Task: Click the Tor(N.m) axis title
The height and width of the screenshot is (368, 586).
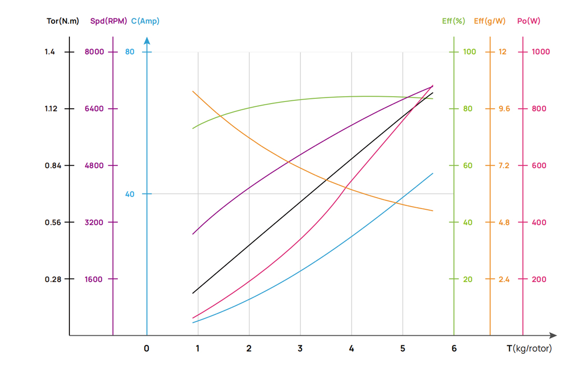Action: click(x=63, y=22)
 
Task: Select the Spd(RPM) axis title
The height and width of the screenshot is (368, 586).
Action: click(x=108, y=22)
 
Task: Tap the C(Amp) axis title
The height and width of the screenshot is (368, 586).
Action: click(x=145, y=22)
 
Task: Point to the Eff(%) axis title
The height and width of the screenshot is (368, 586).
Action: click(x=453, y=22)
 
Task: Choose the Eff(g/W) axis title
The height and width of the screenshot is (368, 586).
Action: click(x=489, y=22)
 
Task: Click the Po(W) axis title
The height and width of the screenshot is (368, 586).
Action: click(x=528, y=22)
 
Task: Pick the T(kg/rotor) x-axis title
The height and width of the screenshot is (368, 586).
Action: click(x=529, y=348)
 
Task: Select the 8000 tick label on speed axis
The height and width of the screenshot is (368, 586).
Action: click(x=95, y=52)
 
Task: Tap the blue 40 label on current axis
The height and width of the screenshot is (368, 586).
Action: click(x=129, y=194)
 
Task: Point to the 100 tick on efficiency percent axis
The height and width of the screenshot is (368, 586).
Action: click(x=469, y=52)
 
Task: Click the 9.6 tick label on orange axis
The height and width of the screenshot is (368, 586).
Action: click(x=504, y=109)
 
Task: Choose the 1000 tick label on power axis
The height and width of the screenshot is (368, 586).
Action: click(x=541, y=52)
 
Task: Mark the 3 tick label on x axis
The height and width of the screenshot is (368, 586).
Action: click(x=300, y=348)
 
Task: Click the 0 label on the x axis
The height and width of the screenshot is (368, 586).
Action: click(x=147, y=348)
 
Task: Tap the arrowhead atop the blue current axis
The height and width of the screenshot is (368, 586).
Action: click(x=147, y=40)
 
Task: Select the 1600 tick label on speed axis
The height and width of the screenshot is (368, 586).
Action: click(x=94, y=279)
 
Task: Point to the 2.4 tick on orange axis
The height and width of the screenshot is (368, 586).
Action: click(x=504, y=279)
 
